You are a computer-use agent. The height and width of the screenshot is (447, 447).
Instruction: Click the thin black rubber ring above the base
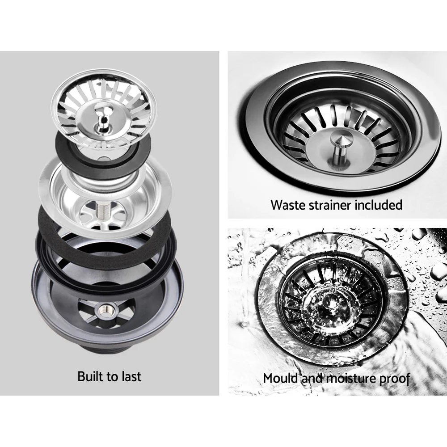[x=45, y=255]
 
